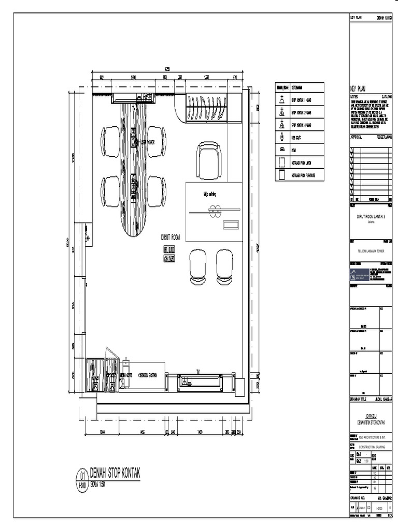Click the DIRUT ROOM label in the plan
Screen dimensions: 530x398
[170, 238]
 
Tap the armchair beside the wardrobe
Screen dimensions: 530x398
[209, 160]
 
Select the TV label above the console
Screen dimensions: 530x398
[198, 371]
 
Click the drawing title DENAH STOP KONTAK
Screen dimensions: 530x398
[115, 473]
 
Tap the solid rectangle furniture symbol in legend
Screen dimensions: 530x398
[281, 175]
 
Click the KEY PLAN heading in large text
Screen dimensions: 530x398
[359, 89]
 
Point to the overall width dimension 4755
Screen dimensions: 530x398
[167, 68]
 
